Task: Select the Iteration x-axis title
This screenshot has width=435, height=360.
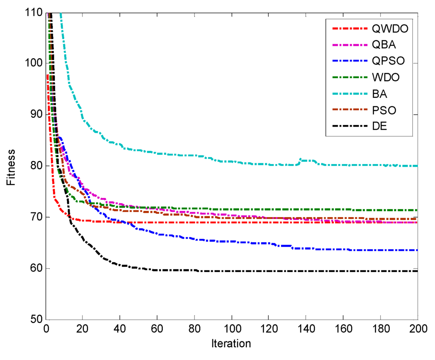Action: click(x=231, y=343)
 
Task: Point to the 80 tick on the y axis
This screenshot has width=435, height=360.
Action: click(x=36, y=166)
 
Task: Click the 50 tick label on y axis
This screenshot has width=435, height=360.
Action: click(x=36, y=319)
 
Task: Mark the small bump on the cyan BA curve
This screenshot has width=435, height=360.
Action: click(x=302, y=160)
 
